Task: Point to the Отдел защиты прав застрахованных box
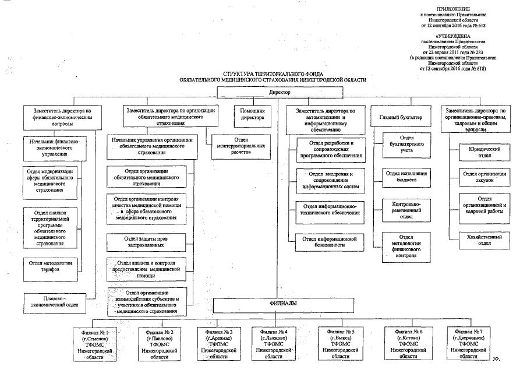click(x=146, y=241)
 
